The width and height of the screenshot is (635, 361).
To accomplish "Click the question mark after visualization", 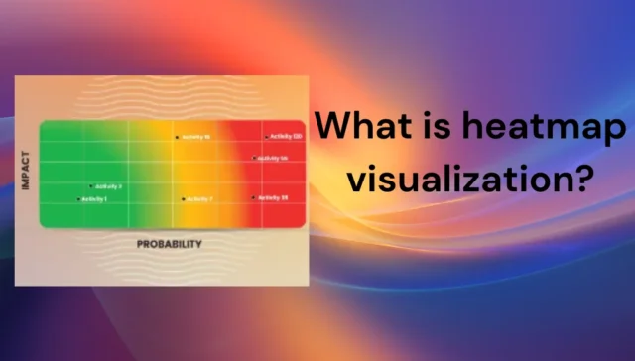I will pyautogui.click(x=584, y=179).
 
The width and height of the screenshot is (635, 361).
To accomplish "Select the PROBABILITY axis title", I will pyautogui.click(x=169, y=243).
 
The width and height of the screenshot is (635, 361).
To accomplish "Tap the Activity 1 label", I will pyautogui.click(x=94, y=200).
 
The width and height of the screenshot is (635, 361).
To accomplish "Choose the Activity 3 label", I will pyautogui.click(x=108, y=186).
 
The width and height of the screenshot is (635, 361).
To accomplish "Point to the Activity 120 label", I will pyautogui.click(x=285, y=137).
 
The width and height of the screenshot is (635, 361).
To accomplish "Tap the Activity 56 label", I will pyautogui.click(x=273, y=158).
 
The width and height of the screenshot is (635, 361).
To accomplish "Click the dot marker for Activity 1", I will pyautogui.click(x=78, y=200).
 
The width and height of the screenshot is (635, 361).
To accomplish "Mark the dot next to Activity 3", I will pyautogui.click(x=92, y=186).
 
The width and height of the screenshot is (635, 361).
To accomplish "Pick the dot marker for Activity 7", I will pyautogui.click(x=183, y=199).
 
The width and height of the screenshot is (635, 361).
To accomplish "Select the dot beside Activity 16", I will pyautogui.click(x=179, y=137).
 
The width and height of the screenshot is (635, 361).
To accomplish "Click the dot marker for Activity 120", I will pyautogui.click(x=267, y=137).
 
